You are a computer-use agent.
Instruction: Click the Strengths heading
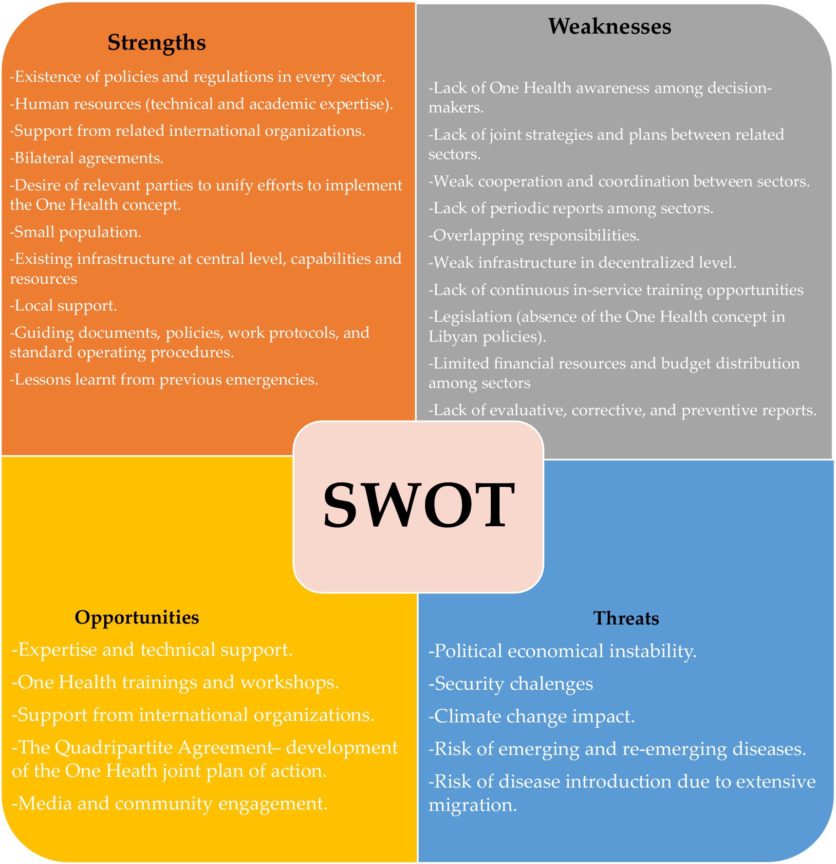(156, 42)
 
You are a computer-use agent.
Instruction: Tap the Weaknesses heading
(610, 26)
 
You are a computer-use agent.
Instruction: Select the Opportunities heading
(137, 617)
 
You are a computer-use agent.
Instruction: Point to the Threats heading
(626, 618)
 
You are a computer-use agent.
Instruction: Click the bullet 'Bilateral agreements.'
(87, 158)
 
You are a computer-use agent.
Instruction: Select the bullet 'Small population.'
(76, 232)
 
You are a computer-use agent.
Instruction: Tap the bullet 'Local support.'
(64, 306)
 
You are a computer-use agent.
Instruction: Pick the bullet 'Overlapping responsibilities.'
(534, 236)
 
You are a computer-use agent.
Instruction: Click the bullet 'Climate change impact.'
(532, 717)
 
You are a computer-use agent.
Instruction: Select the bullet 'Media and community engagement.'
(169, 803)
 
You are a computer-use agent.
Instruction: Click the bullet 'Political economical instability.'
(562, 651)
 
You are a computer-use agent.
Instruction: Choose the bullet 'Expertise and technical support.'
(152, 650)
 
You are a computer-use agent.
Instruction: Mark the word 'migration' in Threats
(471, 805)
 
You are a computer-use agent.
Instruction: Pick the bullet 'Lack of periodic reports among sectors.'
(571, 208)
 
